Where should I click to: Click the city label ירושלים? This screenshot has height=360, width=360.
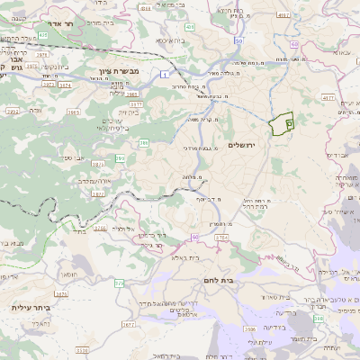click(x=242, y=145)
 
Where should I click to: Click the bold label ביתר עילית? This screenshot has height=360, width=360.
click(x=31, y=308)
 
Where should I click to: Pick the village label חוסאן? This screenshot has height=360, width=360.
click(x=67, y=274)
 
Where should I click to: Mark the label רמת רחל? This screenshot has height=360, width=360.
click(x=256, y=205)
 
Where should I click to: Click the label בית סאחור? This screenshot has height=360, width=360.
click(x=278, y=296)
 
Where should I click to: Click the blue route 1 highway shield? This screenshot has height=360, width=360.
click(x=166, y=75)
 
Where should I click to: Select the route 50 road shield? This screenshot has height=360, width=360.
click(x=238, y=40)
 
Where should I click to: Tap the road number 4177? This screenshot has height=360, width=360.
click(x=327, y=97)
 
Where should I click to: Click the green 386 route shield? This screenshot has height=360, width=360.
click(x=144, y=142)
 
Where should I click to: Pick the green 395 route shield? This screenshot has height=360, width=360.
click(x=120, y=158)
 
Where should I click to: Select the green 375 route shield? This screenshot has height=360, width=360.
click(x=120, y=283)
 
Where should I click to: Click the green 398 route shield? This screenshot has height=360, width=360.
click(x=317, y=318)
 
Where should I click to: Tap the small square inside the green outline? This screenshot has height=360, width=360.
click(x=289, y=121)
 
